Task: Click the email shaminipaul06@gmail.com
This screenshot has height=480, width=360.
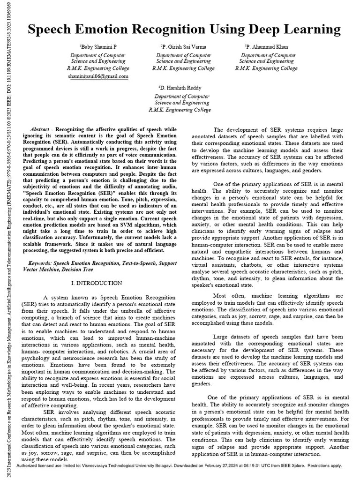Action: tap(97, 75)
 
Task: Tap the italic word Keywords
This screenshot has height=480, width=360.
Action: tap(41, 264)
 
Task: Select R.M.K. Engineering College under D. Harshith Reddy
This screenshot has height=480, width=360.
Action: tap(180, 110)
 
